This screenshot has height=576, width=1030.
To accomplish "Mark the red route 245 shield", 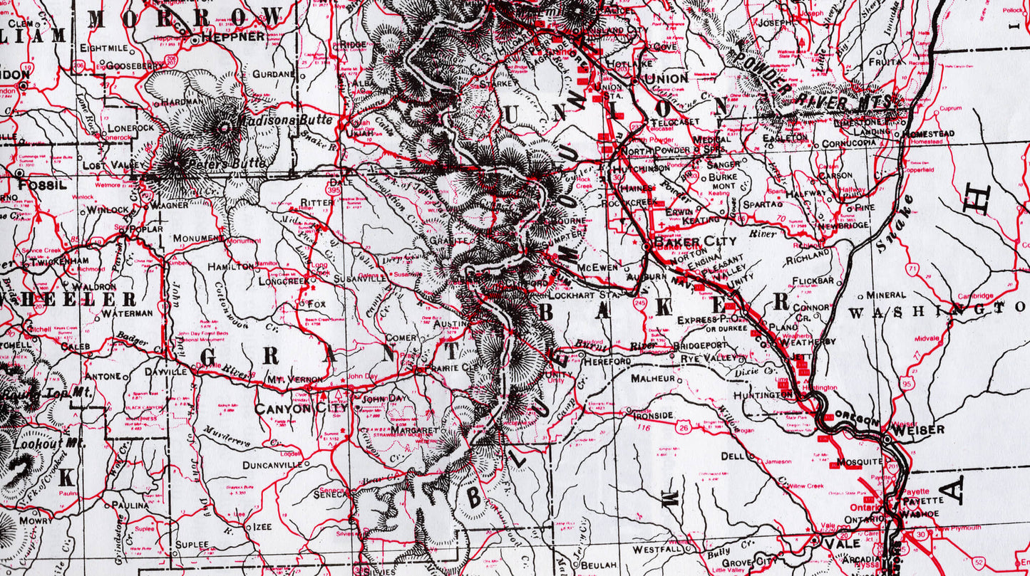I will (x=639, y=303).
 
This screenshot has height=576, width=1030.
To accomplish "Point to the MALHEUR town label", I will (x=652, y=379).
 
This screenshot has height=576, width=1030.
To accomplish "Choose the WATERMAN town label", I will (x=127, y=313).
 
